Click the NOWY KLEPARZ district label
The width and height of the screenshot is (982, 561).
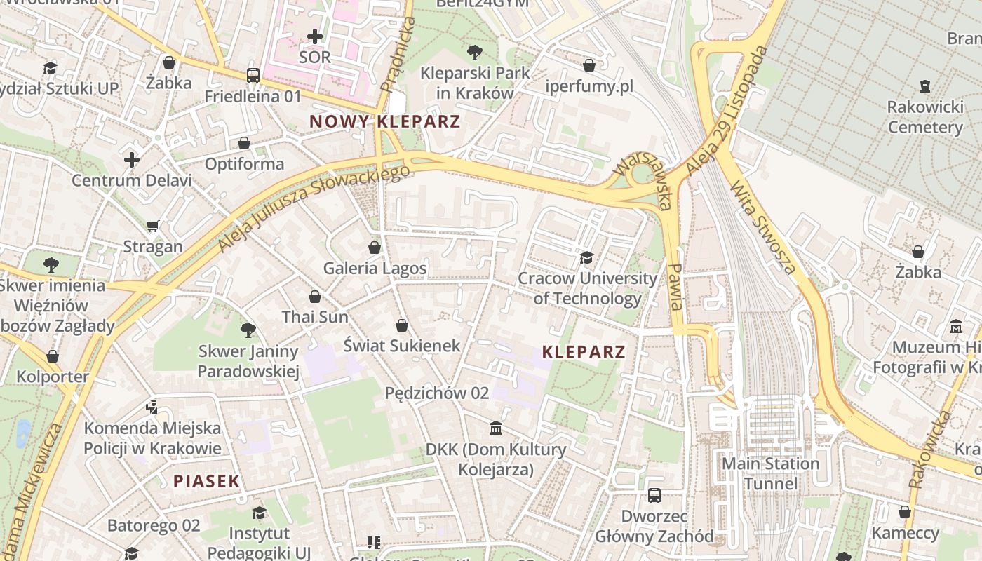[384, 121]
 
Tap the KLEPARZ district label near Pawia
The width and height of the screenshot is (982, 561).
[584, 352]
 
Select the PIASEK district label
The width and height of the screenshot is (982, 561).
[206, 481]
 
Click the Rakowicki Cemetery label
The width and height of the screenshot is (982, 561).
[924, 117]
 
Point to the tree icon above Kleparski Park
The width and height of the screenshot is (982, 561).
[475, 52]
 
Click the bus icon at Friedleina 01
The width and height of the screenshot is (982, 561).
[253, 76]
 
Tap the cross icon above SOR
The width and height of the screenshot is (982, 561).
[315, 36]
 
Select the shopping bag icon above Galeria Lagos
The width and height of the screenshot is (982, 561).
[375, 248]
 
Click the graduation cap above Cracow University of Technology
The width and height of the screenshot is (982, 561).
[587, 258]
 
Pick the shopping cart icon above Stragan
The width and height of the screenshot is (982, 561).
[153, 226]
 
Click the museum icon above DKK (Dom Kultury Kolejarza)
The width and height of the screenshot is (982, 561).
[496, 428]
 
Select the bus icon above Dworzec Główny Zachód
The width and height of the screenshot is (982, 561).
[654, 496]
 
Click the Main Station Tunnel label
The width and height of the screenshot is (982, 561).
[770, 473]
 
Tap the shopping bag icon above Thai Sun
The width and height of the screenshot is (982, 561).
[315, 297]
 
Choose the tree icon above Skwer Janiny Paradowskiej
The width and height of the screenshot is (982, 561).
[248, 330]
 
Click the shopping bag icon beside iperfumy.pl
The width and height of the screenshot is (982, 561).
[589, 65]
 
